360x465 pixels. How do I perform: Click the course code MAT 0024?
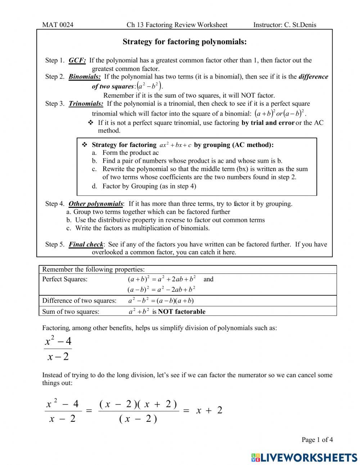[58, 25]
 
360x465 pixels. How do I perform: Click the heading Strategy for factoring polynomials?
[184, 42]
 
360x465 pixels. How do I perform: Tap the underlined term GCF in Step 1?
[77, 61]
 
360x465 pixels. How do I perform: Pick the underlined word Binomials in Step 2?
[85, 77]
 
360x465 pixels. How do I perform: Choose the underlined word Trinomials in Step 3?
[86, 104]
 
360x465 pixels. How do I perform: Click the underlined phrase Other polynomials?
[96, 204]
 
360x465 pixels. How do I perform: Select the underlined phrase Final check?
[86, 245]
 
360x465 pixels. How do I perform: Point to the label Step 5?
[55, 245]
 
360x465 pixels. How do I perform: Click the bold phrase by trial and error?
[268, 123]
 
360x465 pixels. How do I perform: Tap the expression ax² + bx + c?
[175, 145]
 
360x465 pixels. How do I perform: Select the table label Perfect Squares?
[65, 279]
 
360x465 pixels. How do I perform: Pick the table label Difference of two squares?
[79, 301]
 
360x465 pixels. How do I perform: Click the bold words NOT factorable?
[181, 312]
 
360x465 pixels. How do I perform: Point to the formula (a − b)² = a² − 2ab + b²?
[161, 290]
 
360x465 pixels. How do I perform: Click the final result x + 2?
[209, 410]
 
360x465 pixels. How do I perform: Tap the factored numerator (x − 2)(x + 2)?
[138, 404]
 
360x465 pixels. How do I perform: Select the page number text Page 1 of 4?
[317, 439]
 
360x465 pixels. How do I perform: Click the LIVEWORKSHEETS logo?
[304, 457]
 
